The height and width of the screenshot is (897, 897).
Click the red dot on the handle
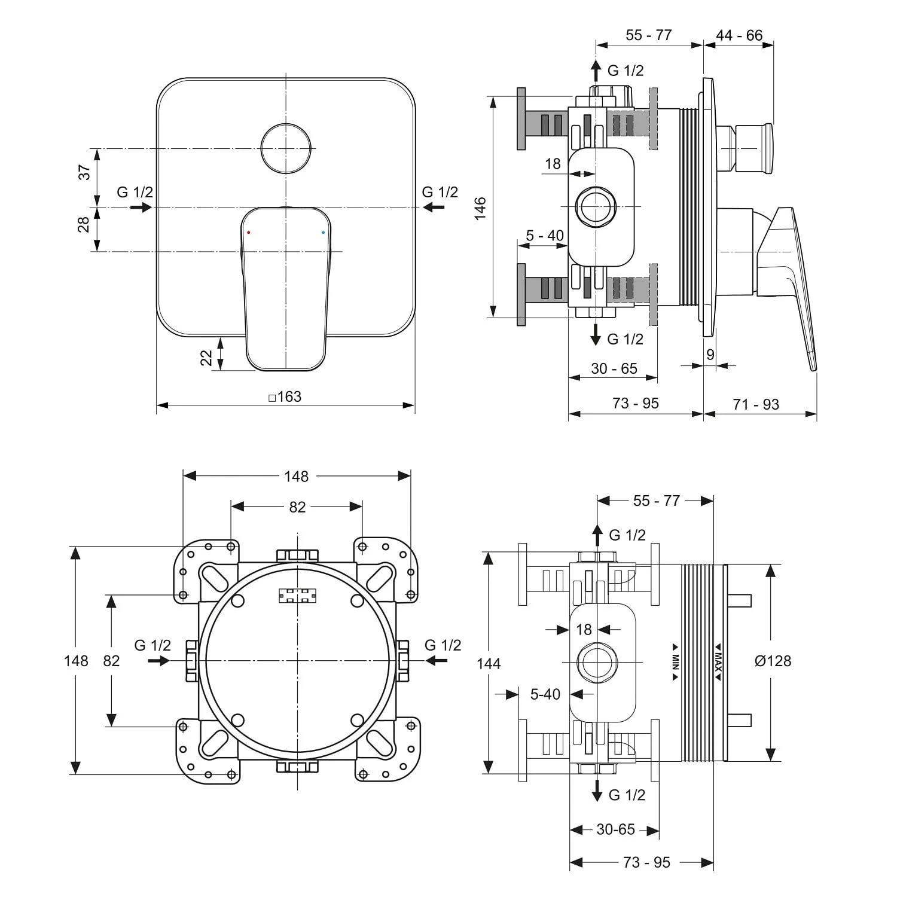point(249,231)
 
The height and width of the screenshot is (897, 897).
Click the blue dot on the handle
point(323,231)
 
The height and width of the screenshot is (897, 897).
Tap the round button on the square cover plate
point(286,148)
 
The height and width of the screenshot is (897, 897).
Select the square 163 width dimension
point(285,396)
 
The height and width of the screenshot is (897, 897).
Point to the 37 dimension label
point(85,172)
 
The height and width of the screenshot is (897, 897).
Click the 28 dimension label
point(84,224)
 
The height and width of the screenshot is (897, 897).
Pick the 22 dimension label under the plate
point(206,358)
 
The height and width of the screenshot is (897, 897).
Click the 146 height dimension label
point(481,208)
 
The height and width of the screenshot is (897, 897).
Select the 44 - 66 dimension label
point(739,35)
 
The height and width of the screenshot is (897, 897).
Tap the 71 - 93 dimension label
point(756,404)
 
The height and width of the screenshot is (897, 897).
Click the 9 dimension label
point(710,355)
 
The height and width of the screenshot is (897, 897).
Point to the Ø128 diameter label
point(773,661)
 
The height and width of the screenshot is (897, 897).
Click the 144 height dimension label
point(489,663)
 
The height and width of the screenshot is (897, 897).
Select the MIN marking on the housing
point(675,661)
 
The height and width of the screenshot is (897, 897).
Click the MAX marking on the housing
point(718,661)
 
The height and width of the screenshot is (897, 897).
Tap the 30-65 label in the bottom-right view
point(615,829)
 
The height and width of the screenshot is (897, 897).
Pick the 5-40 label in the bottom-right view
point(545,694)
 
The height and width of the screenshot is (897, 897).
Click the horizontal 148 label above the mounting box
point(296,476)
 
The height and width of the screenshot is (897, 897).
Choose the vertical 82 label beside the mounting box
point(112,661)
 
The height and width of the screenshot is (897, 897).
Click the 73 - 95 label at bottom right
point(646,862)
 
